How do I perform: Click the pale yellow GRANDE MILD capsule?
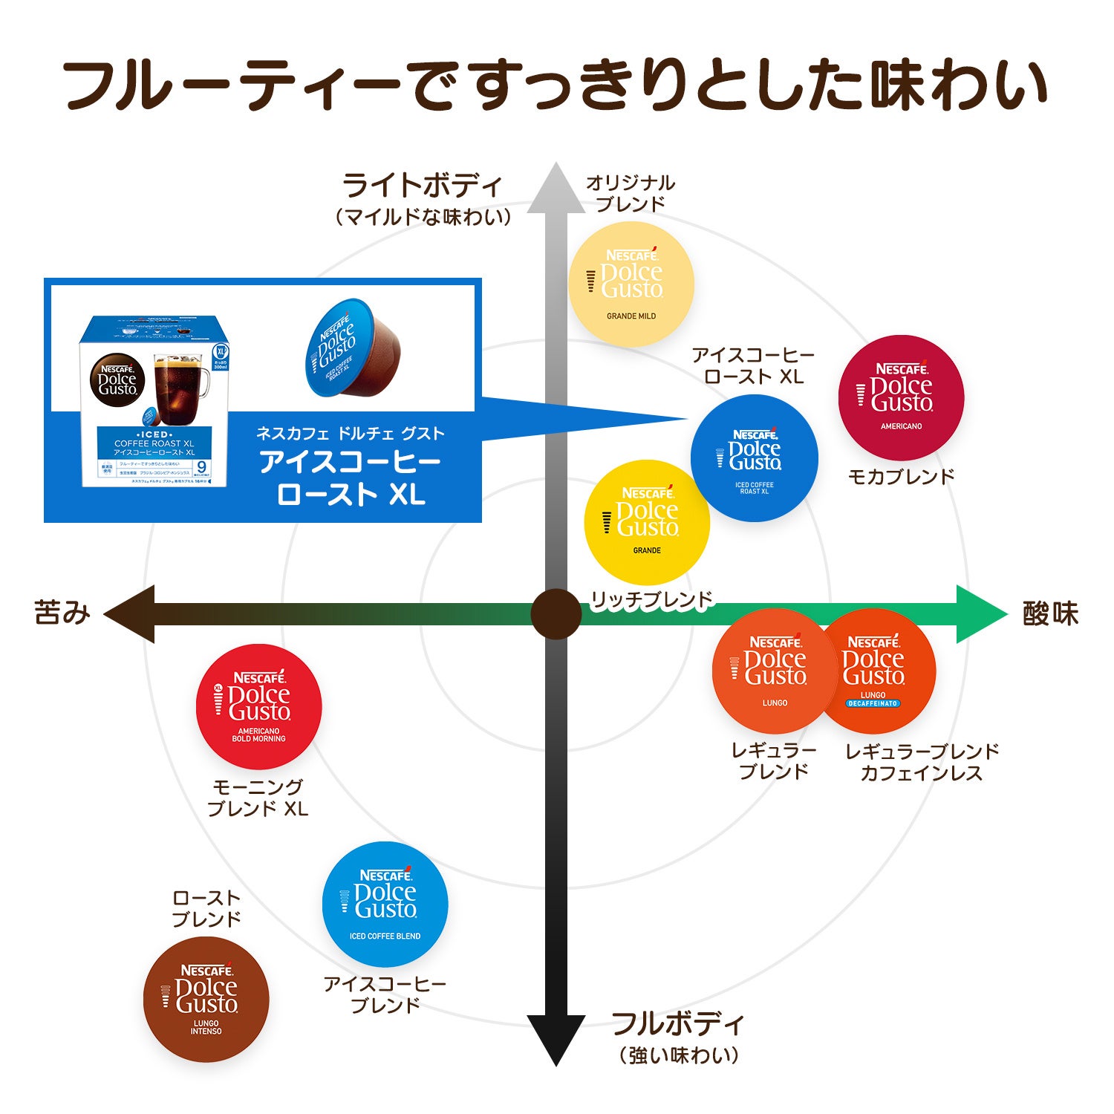pos(631,284)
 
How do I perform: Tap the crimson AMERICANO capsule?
pos(901,397)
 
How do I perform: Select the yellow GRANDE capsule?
pos(647,523)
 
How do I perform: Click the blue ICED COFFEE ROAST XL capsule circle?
pos(755,458)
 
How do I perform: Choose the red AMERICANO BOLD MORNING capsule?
pos(258,706)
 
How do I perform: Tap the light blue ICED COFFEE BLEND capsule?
pos(385,904)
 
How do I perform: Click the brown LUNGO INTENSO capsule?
pos(206,999)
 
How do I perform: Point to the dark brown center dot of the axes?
pos(556,614)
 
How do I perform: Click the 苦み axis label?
pos(62,613)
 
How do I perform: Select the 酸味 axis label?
pos(1050,614)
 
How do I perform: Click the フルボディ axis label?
pos(677,1023)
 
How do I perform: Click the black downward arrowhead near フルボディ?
pos(556,1040)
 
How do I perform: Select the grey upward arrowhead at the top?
pos(556,189)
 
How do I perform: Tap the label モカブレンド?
pos(901,477)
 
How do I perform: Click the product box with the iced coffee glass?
pos(154,401)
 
